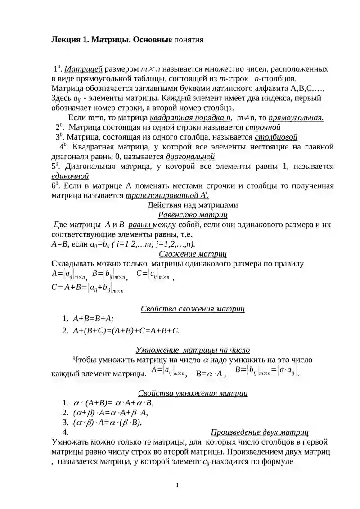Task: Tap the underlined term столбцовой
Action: (x=276, y=137)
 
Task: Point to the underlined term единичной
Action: (x=70, y=176)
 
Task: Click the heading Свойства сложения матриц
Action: (x=193, y=309)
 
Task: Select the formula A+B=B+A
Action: (x=93, y=319)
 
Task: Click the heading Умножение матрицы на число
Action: (x=193, y=350)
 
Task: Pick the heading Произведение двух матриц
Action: (x=260, y=432)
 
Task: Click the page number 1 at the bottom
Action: (x=178, y=485)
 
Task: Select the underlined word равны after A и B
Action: (x=140, y=225)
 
